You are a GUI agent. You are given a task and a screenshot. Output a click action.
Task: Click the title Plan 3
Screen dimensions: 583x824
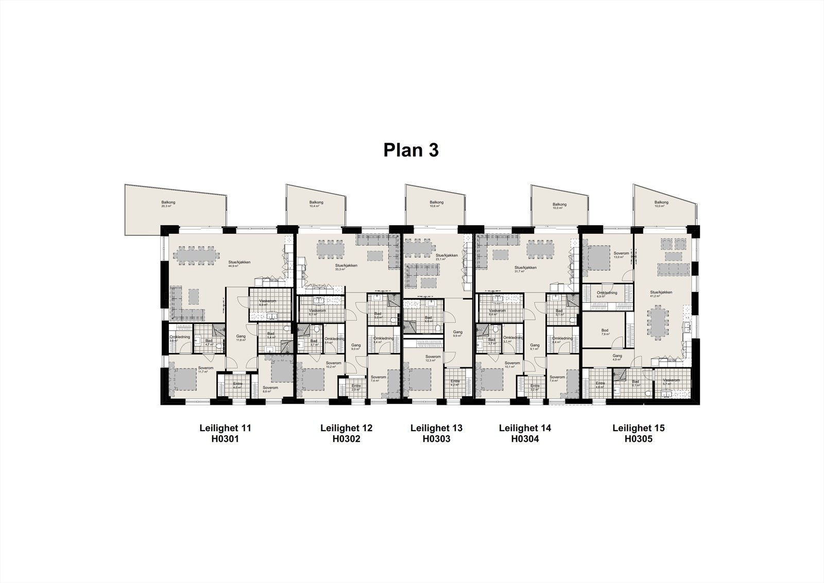[410, 150]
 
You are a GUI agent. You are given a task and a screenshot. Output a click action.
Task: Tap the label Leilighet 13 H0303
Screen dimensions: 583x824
[436, 433]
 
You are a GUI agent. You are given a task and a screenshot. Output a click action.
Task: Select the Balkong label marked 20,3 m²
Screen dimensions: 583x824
[168, 204]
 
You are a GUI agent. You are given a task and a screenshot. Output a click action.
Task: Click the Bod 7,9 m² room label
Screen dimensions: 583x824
[605, 332]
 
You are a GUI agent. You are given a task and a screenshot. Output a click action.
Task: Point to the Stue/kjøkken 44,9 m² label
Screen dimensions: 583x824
[239, 264]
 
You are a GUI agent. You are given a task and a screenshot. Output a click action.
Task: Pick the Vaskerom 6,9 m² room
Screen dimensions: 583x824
[266, 303]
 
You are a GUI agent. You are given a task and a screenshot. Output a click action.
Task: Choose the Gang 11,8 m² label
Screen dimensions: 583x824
[241, 338]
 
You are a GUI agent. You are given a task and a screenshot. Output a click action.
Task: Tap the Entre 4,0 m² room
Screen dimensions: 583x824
[237, 386]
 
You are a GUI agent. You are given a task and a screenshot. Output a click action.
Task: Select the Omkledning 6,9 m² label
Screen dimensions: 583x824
[607, 295]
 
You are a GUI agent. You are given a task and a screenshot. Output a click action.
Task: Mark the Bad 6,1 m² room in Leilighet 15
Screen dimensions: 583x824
[636, 384]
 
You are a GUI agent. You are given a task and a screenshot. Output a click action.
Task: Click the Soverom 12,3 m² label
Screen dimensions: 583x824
[433, 358]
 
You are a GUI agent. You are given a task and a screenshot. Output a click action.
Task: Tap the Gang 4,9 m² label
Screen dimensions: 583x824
[617, 357]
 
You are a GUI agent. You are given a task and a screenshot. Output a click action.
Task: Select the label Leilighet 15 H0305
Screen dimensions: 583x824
[638, 433]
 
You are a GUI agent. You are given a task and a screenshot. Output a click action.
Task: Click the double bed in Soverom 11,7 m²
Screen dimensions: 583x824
[183, 380]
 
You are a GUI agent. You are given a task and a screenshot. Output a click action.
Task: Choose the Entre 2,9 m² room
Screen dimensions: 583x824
[356, 388]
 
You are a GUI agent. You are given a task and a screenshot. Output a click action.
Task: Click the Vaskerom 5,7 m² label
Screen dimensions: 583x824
[671, 382]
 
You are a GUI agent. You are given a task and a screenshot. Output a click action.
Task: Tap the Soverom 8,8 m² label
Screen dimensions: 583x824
[270, 389]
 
